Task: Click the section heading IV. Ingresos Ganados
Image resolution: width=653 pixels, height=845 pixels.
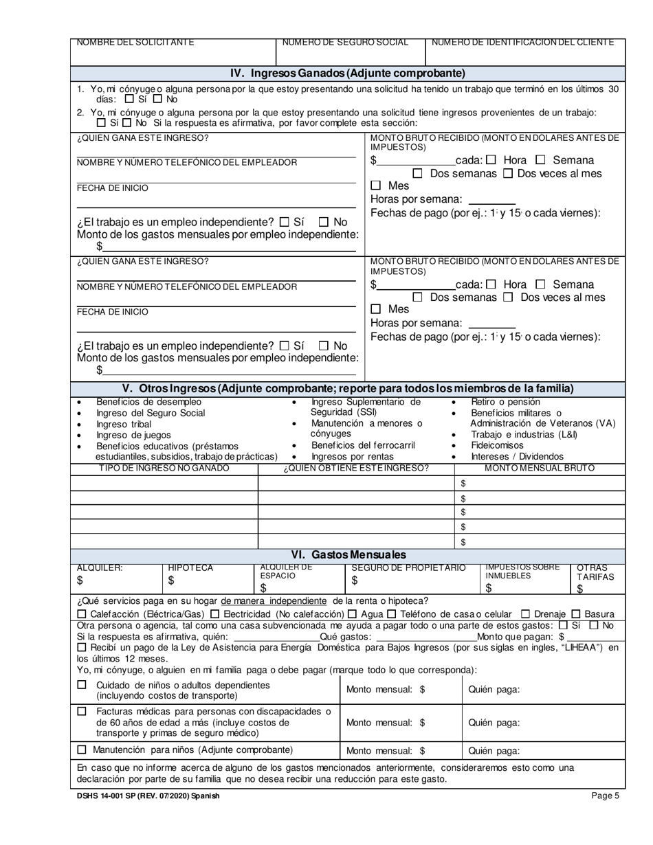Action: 347,74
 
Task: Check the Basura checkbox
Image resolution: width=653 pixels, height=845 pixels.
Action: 576,614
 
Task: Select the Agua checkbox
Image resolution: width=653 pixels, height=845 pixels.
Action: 352,614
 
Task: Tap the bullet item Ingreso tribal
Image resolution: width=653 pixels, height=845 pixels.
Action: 123,424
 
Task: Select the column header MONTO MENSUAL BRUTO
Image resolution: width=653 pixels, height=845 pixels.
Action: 540,469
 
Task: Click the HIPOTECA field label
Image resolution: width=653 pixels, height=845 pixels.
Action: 190,568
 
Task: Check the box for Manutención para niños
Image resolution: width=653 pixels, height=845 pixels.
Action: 82,750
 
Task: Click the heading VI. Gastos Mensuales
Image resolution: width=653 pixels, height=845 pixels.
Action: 347,555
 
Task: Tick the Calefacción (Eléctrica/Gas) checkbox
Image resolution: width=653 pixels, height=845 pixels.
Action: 82,614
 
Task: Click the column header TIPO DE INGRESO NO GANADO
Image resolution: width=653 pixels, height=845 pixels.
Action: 164,469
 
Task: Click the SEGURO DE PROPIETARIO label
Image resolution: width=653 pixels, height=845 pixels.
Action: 408,568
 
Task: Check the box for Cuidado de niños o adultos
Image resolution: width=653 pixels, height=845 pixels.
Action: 82,685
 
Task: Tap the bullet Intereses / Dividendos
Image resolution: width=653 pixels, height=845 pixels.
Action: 517,456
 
